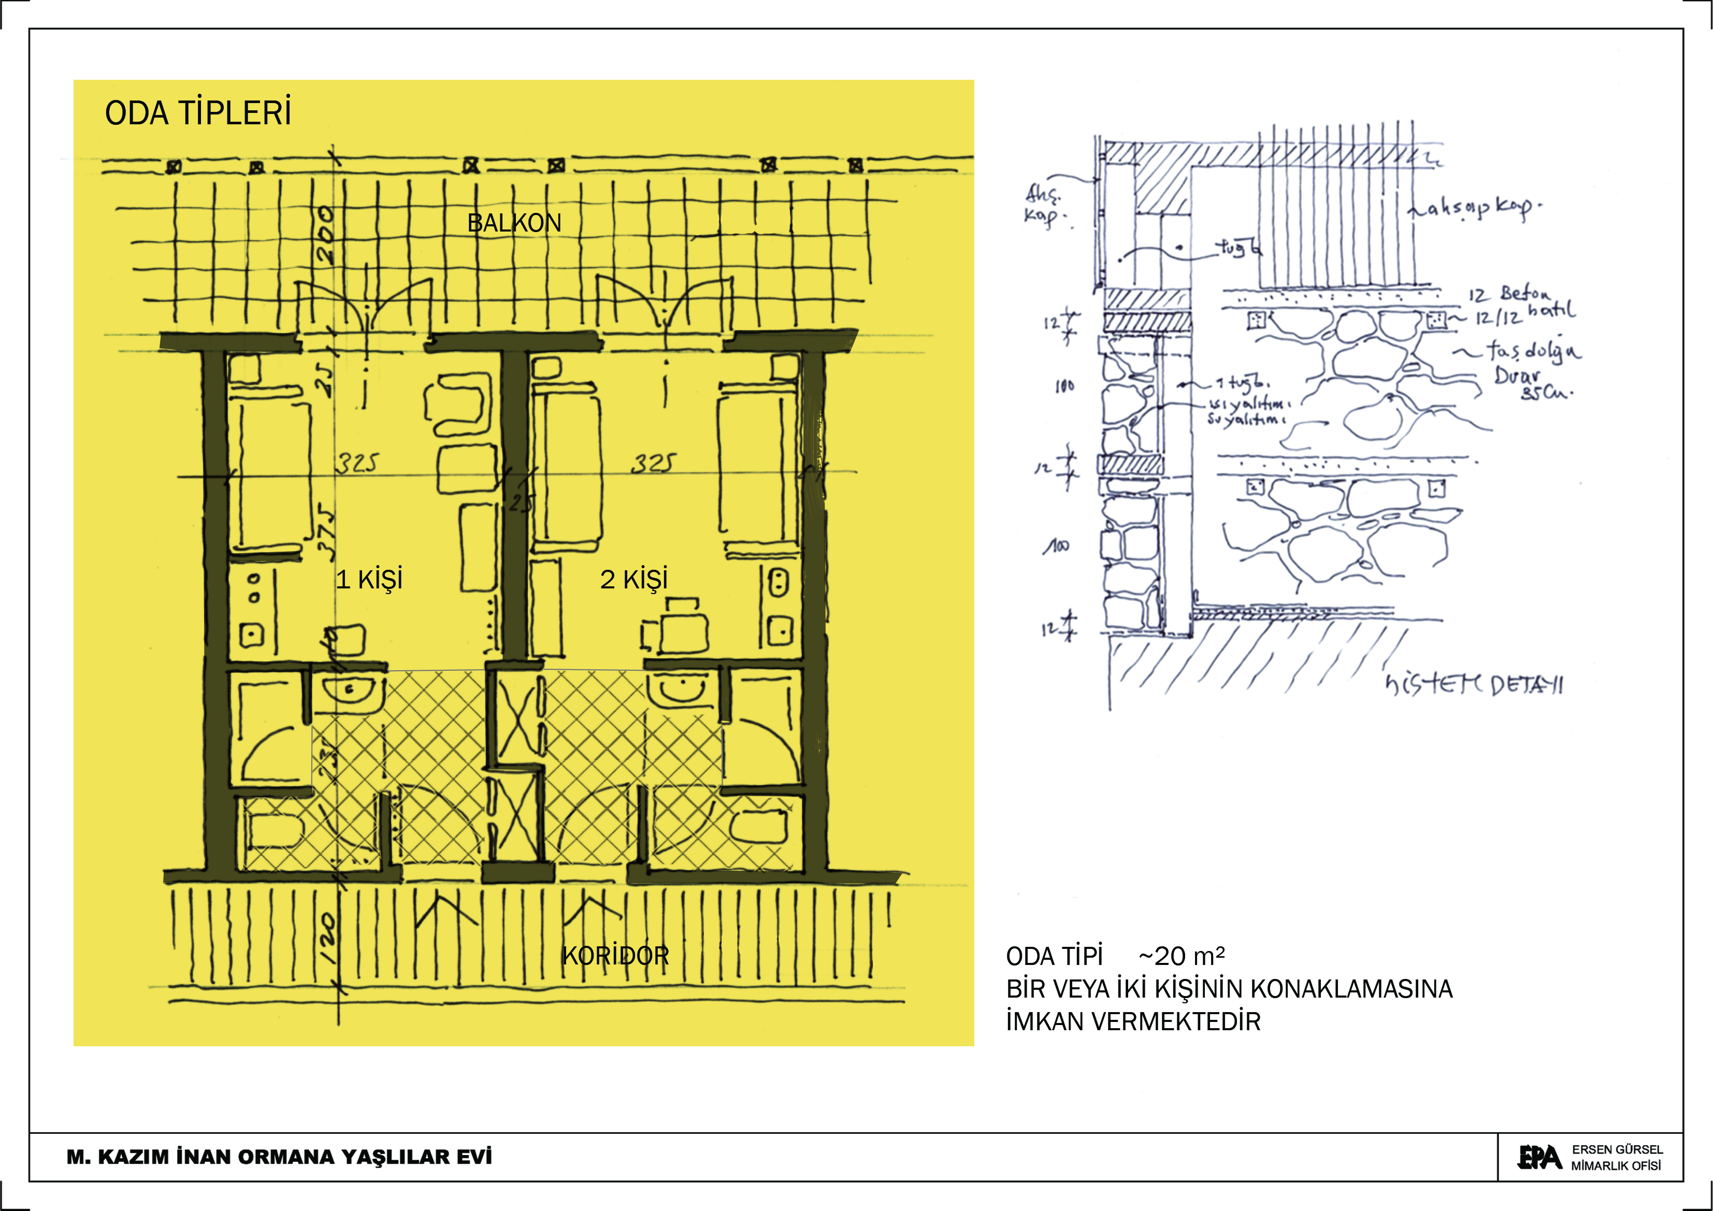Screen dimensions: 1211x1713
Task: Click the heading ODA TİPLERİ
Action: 198,113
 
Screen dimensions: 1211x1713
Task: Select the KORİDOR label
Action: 615,956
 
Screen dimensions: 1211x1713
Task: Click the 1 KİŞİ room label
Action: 369,579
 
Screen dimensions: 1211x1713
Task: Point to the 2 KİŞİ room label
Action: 634,579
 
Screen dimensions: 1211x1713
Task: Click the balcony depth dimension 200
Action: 325,235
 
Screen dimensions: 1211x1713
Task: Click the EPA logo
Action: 1538,1157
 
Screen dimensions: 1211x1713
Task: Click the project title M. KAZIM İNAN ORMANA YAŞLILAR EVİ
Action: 279,1157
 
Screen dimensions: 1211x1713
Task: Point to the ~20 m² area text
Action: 1181,956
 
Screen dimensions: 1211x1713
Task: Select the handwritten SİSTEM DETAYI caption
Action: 1474,684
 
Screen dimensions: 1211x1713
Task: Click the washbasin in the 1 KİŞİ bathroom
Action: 349,691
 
